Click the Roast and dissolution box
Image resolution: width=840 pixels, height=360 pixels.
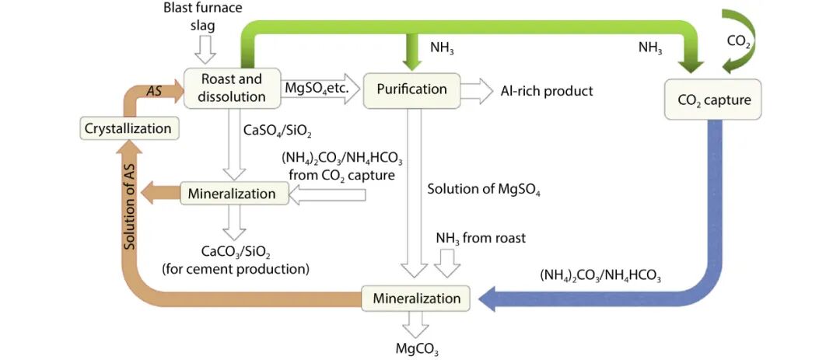click(231, 88)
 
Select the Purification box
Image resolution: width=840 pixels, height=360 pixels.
click(412, 89)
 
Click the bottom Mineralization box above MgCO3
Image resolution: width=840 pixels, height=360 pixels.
click(417, 298)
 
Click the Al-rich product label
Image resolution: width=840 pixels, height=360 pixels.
click(548, 91)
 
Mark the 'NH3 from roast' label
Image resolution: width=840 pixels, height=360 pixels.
click(480, 238)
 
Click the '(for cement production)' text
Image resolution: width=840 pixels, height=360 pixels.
click(236, 269)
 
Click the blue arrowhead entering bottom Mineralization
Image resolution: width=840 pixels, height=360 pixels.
click(490, 299)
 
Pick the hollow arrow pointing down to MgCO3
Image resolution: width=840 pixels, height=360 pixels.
click(417, 323)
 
